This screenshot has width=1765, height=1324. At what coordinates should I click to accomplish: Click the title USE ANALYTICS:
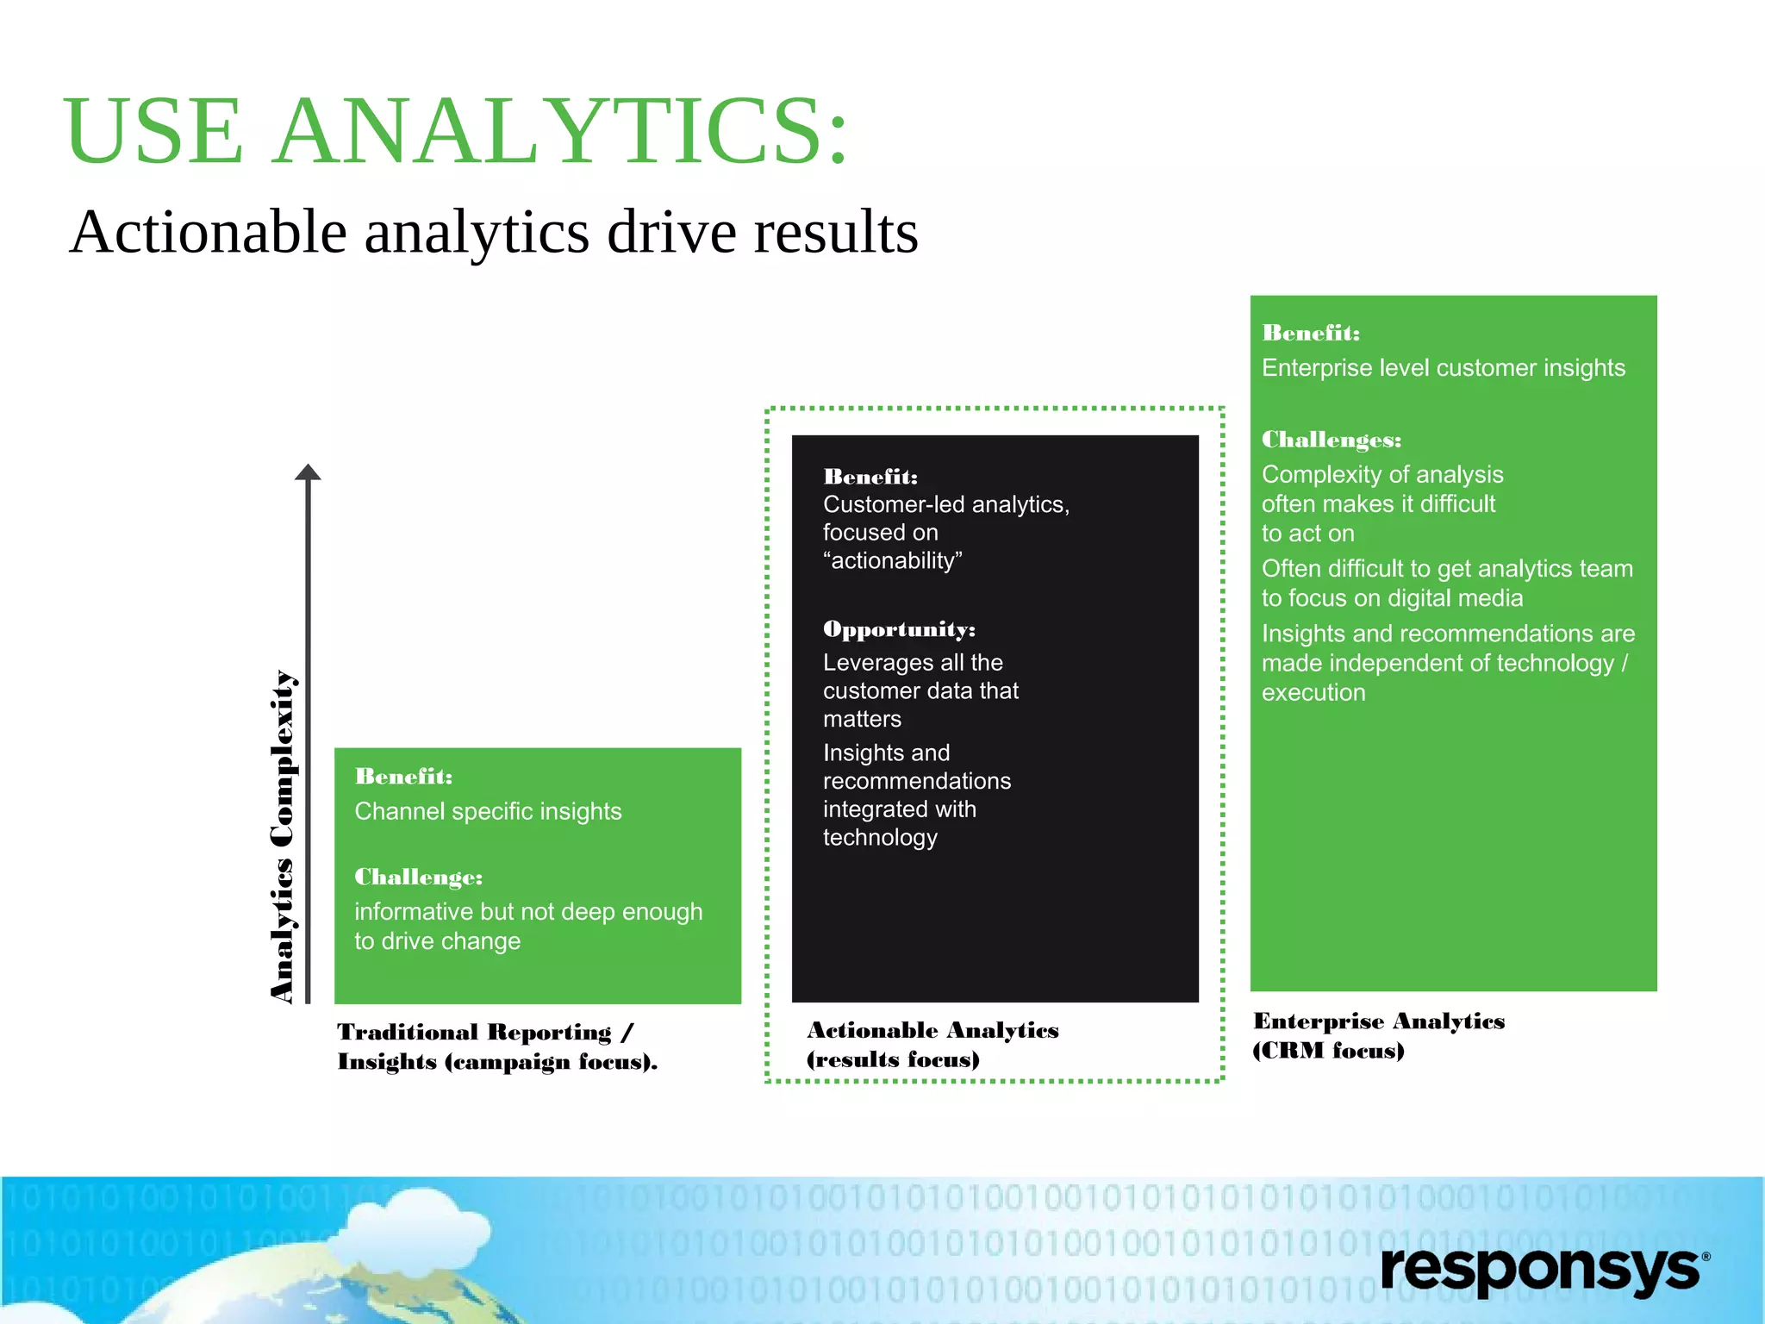[457, 132]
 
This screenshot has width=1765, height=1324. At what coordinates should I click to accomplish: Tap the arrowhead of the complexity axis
[308, 472]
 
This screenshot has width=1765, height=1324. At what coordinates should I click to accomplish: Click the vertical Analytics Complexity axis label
[283, 836]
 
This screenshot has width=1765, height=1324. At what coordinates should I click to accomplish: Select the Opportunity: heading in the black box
[899, 629]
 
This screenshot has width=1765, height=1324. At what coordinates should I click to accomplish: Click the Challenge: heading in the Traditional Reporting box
[418, 877]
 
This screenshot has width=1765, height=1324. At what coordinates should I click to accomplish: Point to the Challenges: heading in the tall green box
[1331, 440]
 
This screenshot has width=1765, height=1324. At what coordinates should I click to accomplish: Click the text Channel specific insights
[488, 812]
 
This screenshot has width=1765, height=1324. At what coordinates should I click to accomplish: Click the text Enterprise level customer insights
[1443, 368]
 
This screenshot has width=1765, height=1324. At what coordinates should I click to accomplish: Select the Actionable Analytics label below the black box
[932, 1031]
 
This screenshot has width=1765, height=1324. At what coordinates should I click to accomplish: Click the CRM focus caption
[1327, 1051]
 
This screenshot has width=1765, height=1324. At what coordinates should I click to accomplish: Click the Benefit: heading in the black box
[870, 477]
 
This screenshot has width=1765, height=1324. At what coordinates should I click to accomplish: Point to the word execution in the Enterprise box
[1313, 693]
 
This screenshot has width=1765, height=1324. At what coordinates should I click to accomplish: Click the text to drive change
[437, 941]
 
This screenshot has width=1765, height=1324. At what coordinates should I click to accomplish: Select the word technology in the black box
[879, 838]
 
